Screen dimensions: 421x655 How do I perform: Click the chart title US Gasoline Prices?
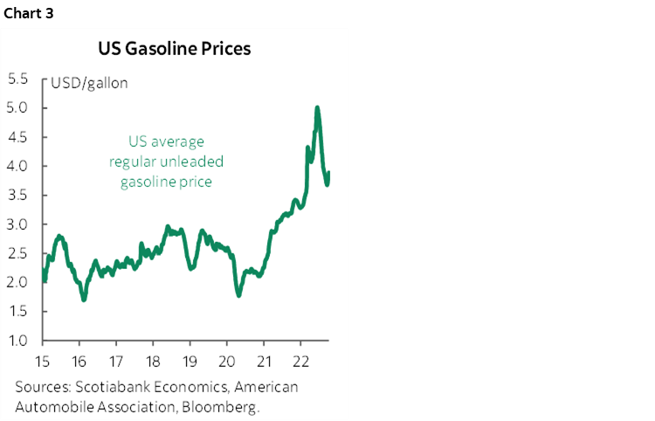tap(174, 49)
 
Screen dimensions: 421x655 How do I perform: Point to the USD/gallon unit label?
tap(89, 84)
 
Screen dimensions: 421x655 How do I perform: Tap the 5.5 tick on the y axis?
tap(18, 79)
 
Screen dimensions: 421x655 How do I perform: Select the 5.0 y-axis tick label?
tap(18, 108)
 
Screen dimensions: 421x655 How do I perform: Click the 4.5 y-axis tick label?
tap(18, 137)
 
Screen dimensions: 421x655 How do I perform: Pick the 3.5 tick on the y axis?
tap(18, 195)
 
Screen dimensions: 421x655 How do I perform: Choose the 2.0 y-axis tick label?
tap(18, 282)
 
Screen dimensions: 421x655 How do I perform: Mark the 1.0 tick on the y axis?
tap(18, 340)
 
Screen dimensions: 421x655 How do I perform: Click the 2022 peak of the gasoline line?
tap(316, 107)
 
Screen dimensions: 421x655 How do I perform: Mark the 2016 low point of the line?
tap(84, 300)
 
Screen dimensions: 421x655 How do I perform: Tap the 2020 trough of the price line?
tap(239, 295)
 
